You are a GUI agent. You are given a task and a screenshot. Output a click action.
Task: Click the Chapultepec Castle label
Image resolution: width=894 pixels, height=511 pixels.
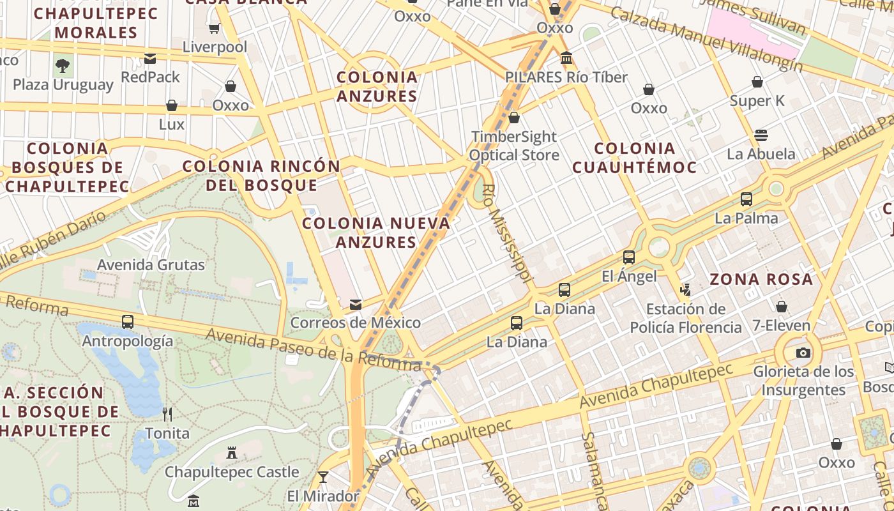[232, 472]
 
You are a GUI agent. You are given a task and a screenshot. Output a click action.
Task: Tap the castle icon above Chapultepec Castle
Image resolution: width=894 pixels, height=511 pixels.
[232, 453]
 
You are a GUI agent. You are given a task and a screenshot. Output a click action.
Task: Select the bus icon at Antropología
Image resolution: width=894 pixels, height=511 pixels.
[128, 322]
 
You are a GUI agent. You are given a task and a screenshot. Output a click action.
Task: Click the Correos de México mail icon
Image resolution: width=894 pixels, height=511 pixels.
[356, 305]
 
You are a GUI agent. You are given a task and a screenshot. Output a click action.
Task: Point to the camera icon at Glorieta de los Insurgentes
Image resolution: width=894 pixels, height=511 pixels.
[803, 353]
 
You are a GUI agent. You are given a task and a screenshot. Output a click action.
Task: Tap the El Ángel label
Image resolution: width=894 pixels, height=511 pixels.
[629, 276]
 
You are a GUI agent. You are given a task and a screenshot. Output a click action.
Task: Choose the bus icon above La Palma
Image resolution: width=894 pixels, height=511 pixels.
[746, 199]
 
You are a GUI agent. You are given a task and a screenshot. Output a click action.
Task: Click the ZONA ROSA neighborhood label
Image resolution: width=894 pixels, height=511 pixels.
[761, 279]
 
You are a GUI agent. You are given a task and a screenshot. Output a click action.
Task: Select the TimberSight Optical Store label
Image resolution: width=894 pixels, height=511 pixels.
[514, 146]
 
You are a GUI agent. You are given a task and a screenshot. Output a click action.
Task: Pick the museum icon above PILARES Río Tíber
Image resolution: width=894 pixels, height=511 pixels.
[566, 58]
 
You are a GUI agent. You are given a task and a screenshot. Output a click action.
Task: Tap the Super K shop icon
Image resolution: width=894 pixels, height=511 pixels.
[757, 82]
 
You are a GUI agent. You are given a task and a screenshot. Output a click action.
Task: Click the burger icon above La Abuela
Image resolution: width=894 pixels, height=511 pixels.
[761, 135]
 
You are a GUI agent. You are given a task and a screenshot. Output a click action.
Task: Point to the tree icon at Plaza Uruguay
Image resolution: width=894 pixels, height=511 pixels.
[63, 65]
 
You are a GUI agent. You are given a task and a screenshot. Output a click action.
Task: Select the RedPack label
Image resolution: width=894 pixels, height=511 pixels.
[151, 77]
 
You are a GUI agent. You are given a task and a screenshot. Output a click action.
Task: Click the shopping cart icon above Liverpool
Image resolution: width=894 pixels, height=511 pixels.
[215, 28]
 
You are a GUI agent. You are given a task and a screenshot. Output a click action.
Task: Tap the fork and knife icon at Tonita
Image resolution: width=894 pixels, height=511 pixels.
[167, 415]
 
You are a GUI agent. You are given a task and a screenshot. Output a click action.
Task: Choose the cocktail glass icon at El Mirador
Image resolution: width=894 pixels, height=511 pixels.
[323, 477]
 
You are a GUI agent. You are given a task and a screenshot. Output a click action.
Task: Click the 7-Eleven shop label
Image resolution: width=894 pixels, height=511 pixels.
[781, 326]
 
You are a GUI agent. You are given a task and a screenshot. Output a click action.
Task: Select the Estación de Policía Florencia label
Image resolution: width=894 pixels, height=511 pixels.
[686, 318]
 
